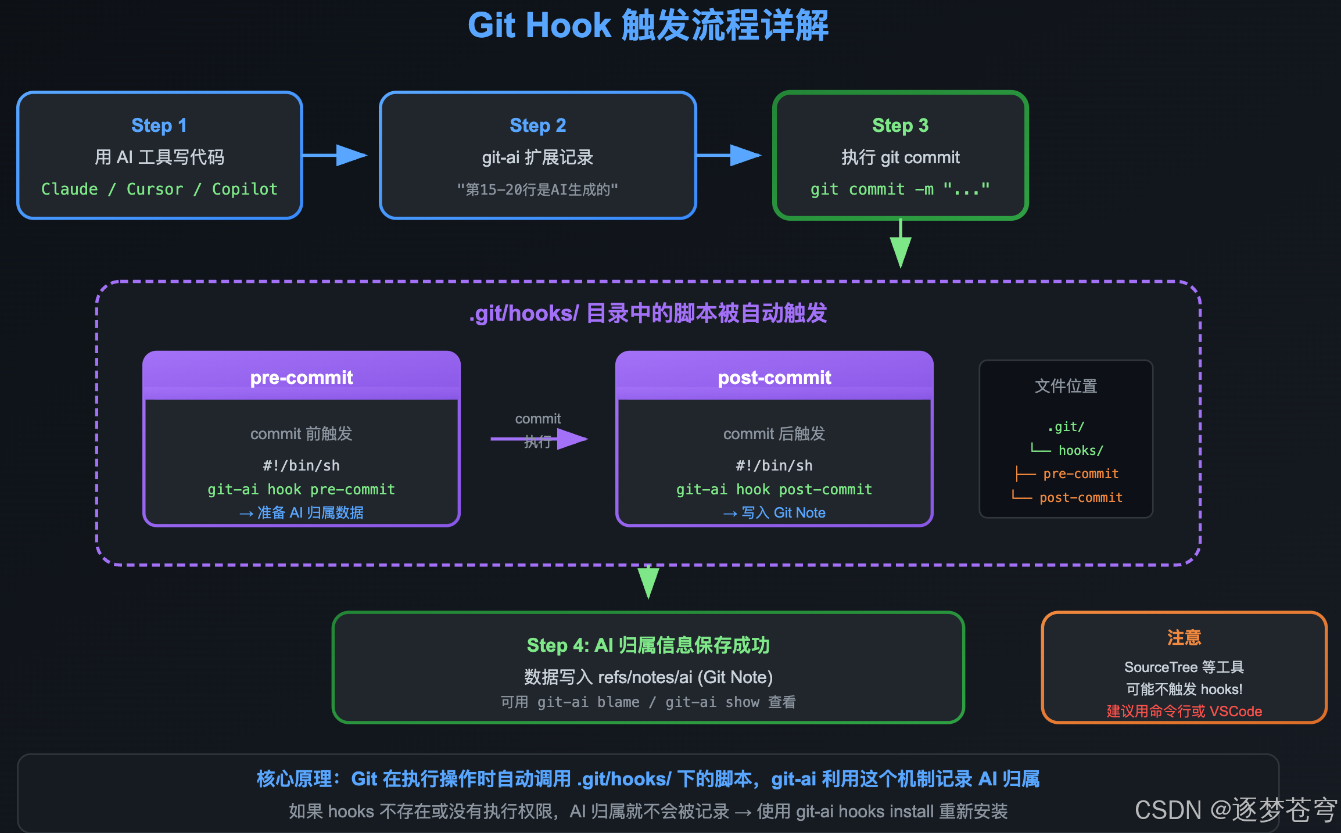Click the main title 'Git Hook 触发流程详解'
648,26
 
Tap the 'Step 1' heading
159,125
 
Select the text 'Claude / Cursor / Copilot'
159,189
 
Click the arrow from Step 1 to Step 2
337,155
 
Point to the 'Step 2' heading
537,125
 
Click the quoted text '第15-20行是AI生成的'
537,189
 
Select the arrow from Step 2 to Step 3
730,155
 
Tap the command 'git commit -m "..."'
900,189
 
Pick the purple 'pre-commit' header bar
302,377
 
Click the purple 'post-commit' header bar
774,377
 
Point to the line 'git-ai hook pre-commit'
302,489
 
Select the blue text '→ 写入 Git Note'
774,512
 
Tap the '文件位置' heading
1066,386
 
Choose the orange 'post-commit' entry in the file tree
1081,497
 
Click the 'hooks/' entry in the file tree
1081,450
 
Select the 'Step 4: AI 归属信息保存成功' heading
648,645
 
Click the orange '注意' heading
1184,638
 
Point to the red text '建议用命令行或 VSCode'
1184,711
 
